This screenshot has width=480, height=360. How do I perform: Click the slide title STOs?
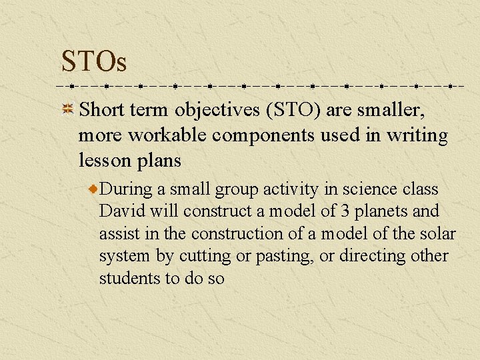(x=93, y=61)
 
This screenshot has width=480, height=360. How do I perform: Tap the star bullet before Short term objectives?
(x=67, y=109)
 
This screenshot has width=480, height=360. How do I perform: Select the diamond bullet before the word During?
(x=94, y=190)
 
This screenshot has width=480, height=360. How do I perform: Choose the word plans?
(x=159, y=161)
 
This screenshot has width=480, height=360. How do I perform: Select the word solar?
(x=439, y=233)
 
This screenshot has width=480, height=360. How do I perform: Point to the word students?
(x=128, y=278)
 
